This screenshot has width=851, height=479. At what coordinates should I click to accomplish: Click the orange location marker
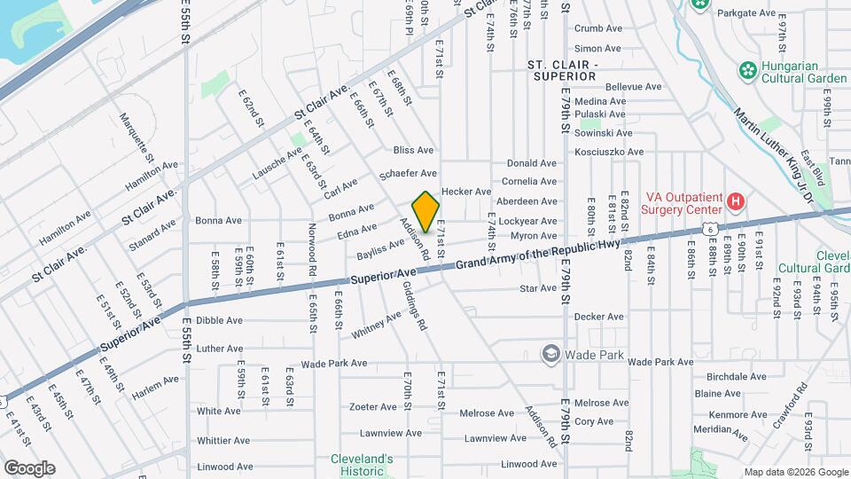(x=426, y=212)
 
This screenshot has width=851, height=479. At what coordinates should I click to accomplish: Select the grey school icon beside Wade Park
(x=551, y=355)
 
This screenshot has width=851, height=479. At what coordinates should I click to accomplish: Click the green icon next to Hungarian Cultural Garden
(x=747, y=70)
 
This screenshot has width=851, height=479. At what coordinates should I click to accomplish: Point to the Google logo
(x=29, y=468)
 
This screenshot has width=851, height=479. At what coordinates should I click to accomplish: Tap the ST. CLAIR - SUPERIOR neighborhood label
(x=562, y=71)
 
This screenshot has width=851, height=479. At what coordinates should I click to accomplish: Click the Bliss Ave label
(x=413, y=150)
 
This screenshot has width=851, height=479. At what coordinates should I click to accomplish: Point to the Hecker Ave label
(x=465, y=192)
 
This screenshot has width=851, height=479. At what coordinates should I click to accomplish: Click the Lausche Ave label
(x=277, y=162)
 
